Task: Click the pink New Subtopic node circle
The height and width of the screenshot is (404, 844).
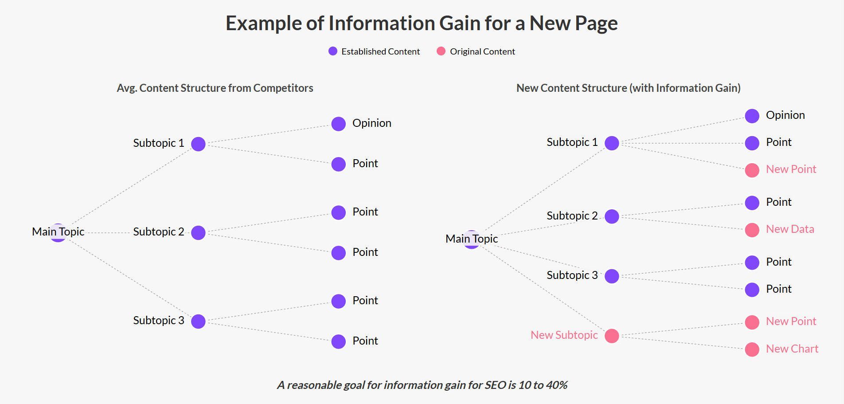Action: click(x=612, y=336)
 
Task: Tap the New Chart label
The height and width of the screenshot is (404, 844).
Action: click(x=792, y=349)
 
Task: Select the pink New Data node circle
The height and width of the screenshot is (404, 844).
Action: click(x=752, y=230)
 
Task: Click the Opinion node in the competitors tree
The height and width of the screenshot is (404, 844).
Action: click(x=338, y=124)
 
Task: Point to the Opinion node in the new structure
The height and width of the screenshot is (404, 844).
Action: click(x=752, y=116)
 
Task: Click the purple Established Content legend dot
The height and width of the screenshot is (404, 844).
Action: click(x=333, y=51)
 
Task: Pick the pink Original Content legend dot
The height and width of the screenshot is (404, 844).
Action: click(x=441, y=51)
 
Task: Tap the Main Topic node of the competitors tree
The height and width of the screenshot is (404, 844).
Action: click(x=58, y=232)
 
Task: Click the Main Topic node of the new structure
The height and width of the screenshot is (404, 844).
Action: click(x=472, y=239)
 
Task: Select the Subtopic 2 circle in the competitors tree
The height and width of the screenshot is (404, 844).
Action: click(x=198, y=232)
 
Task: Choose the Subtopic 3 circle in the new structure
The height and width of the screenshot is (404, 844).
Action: click(x=612, y=276)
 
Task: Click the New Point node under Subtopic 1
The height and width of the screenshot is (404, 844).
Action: click(x=752, y=170)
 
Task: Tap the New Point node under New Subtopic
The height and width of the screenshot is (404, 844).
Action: click(x=752, y=322)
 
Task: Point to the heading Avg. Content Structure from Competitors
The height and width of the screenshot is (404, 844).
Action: click(x=215, y=88)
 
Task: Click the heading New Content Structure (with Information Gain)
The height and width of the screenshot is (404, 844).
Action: click(x=628, y=88)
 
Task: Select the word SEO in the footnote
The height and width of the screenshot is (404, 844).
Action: click(x=495, y=385)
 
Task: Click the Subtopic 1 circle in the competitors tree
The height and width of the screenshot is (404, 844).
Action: click(x=198, y=144)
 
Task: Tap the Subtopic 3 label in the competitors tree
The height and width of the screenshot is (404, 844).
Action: click(x=158, y=320)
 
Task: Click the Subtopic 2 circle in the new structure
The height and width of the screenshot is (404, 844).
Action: click(x=612, y=216)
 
